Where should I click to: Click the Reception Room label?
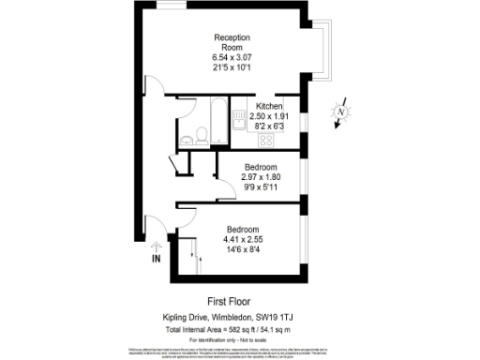click(232, 42)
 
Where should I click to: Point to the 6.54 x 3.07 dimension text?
click(232, 58)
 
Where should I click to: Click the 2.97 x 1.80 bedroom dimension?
click(261, 177)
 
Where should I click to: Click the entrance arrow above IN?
click(156, 245)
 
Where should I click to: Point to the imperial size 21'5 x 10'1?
click(232, 68)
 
